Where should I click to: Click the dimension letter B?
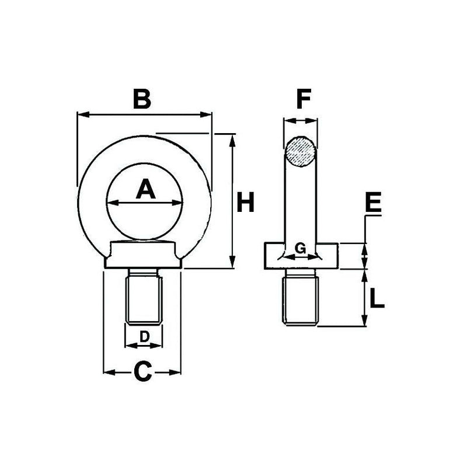coord(142,99)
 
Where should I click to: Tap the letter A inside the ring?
coord(146,190)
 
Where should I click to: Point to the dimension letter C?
coord(143,371)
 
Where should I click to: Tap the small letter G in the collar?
coord(301,248)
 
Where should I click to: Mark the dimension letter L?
coord(377,298)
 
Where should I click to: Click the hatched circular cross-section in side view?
coord(301,152)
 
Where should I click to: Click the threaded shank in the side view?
coord(301,299)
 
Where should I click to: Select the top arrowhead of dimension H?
coord(233,138)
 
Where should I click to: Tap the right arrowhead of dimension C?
coord(176,371)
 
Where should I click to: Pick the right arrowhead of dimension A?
coord(179,203)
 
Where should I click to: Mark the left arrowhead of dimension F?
coord(287,121)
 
